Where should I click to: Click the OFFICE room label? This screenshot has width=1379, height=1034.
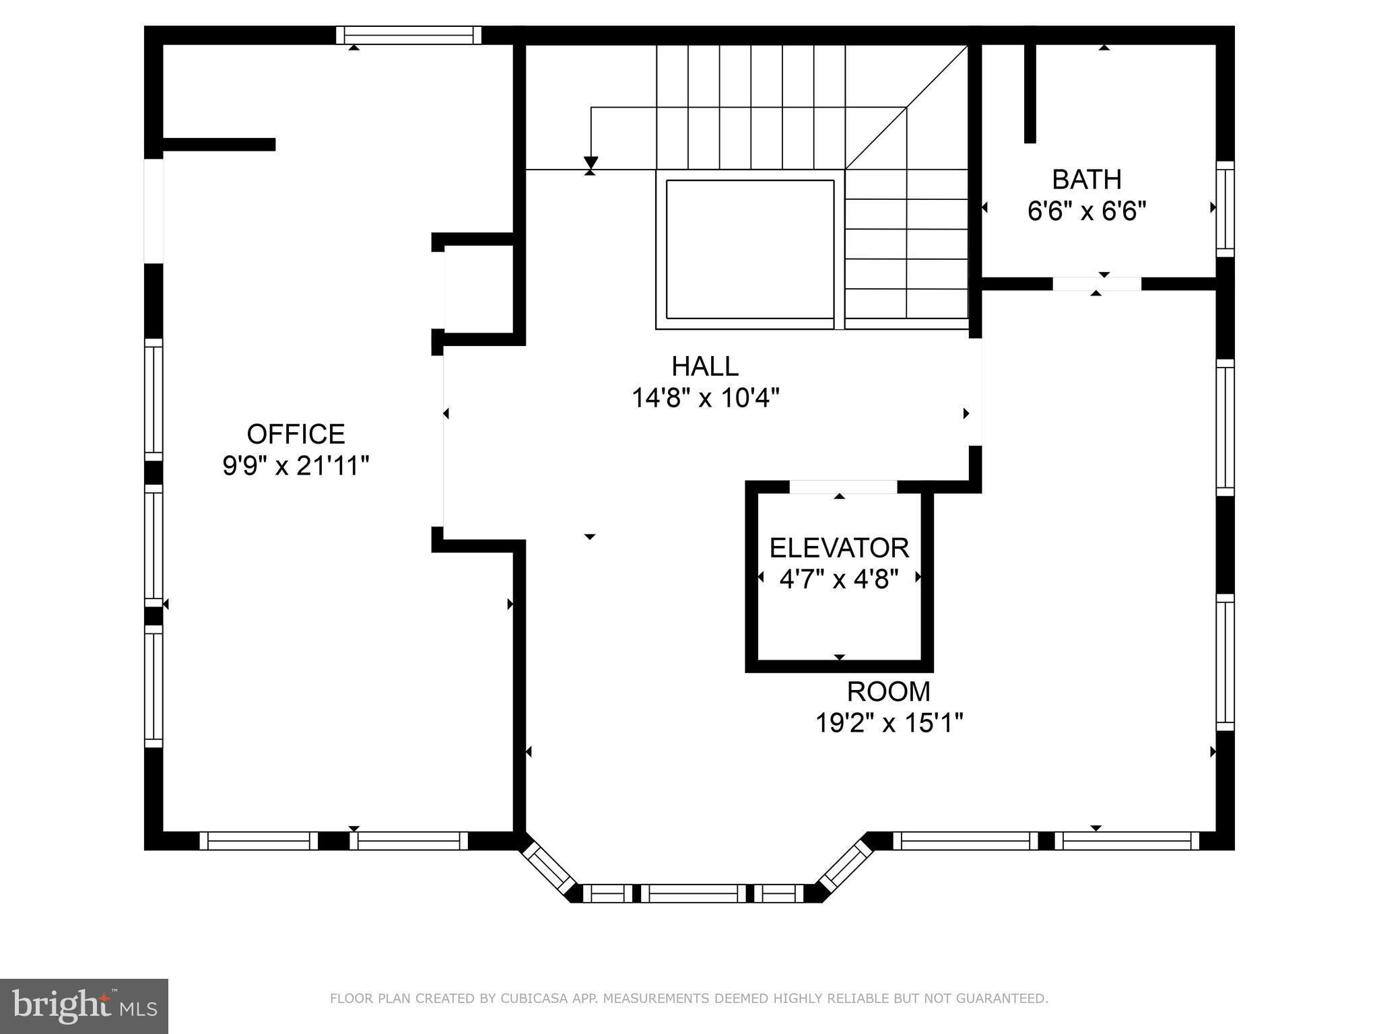296,434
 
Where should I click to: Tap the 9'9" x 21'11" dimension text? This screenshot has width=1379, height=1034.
296,466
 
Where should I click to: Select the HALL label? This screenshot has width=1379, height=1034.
704,366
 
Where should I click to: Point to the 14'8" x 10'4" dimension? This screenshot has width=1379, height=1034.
704,398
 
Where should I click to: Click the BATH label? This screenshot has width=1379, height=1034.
1086,180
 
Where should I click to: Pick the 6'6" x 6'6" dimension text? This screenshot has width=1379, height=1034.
1086,211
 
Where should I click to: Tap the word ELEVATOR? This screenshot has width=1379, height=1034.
839,548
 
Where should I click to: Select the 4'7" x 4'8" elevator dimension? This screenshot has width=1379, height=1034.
839,579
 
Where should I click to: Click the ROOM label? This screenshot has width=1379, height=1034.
888,691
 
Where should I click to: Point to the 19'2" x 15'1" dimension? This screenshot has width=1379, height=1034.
888,723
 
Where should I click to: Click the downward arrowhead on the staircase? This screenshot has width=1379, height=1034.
591,163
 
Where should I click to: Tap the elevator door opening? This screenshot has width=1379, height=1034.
842,487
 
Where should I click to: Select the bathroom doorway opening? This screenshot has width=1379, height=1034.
1096,284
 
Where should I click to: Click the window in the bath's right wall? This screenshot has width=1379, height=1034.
1225,209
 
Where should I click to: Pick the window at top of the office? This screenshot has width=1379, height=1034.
409,35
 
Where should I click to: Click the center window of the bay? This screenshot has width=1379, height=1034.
693,893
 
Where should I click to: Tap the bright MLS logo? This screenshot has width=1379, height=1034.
83,1006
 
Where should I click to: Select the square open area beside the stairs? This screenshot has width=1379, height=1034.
749,249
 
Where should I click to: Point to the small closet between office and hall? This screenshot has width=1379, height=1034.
479,289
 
